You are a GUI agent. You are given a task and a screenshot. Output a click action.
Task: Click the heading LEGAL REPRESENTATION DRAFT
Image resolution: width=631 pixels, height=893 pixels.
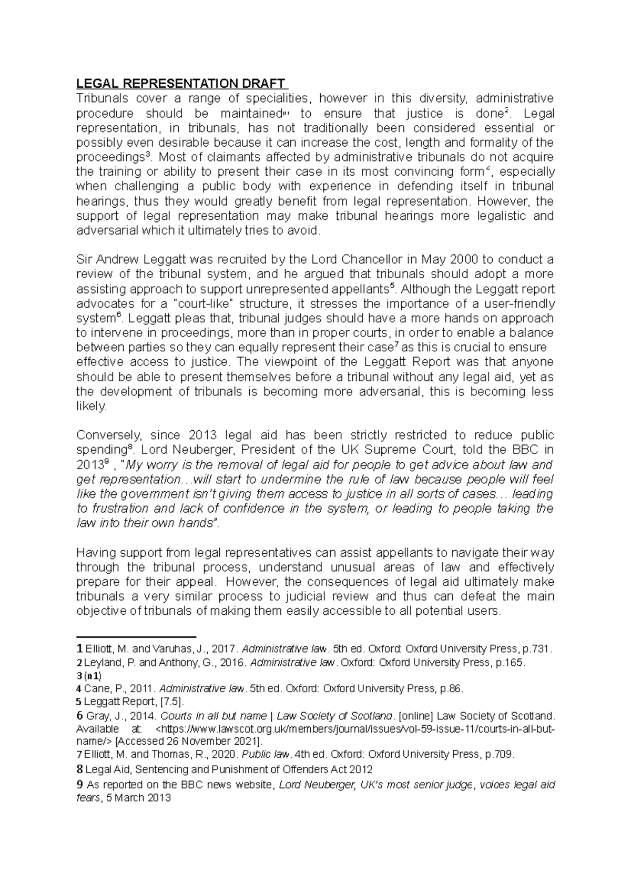pyautogui.click(x=181, y=84)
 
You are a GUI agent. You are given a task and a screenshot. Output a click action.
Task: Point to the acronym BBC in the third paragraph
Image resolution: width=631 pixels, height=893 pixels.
pyautogui.click(x=520, y=450)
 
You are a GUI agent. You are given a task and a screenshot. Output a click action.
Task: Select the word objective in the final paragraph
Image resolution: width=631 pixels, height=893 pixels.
pyautogui.click(x=100, y=611)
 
